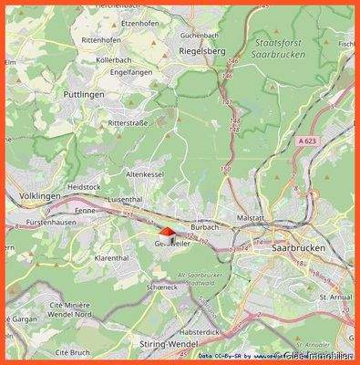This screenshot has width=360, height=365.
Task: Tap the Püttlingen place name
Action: (x=84, y=93)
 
